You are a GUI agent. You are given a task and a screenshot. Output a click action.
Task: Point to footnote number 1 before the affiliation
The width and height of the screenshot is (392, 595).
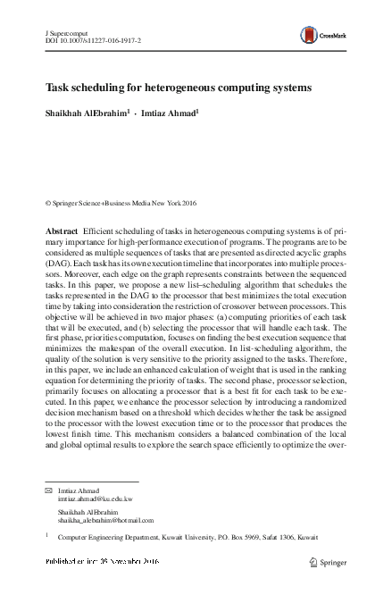46,536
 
